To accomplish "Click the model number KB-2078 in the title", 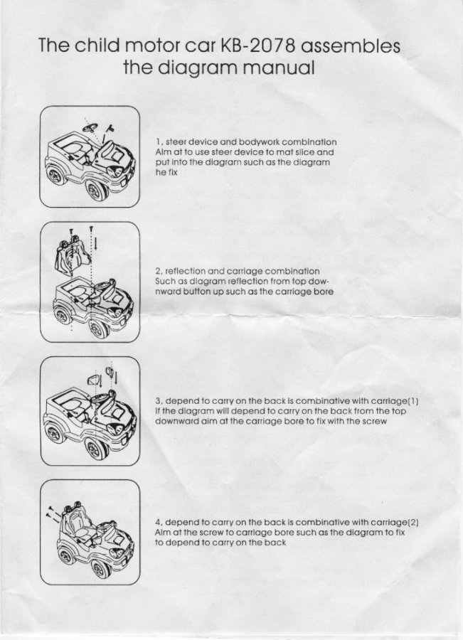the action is click(257, 46).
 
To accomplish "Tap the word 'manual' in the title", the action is click(279, 68).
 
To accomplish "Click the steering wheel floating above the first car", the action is click(90, 128).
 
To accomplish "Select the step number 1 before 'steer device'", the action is click(159, 142).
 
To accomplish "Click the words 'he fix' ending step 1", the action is click(166, 172).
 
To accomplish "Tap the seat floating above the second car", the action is click(71, 255).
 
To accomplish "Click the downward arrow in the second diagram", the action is click(95, 244).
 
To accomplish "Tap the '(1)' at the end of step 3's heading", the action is click(413, 401).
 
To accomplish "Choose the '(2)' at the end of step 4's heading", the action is click(413, 523).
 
